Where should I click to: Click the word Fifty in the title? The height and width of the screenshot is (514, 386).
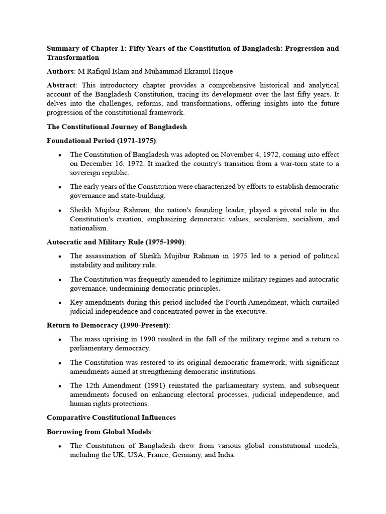point(140,49)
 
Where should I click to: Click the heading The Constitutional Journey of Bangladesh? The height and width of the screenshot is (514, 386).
point(117,126)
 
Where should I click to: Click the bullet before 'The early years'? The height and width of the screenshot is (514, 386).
point(60,187)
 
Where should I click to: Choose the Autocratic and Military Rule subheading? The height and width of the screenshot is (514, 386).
point(116,242)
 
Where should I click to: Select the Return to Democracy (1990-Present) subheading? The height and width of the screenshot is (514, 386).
point(108,325)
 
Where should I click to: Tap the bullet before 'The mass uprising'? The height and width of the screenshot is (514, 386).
point(60,339)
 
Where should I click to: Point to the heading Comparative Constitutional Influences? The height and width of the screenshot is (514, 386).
point(111,417)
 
